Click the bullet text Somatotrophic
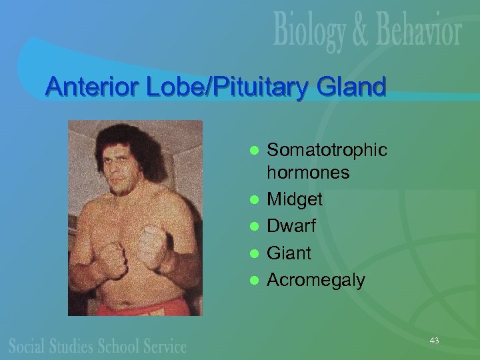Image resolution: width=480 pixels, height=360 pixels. click(x=327, y=150)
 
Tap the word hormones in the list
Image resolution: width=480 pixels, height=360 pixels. click(x=308, y=173)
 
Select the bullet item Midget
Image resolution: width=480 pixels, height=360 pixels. click(x=295, y=199)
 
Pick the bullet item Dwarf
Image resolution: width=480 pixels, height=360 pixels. click(x=291, y=226)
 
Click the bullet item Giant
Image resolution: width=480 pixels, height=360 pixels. click(x=289, y=253)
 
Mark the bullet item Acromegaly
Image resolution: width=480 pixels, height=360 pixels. click(x=316, y=281)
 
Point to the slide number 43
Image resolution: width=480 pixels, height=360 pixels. click(x=434, y=341)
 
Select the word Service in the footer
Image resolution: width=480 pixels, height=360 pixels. click(x=164, y=345)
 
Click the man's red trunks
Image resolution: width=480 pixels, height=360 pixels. click(x=143, y=307)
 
